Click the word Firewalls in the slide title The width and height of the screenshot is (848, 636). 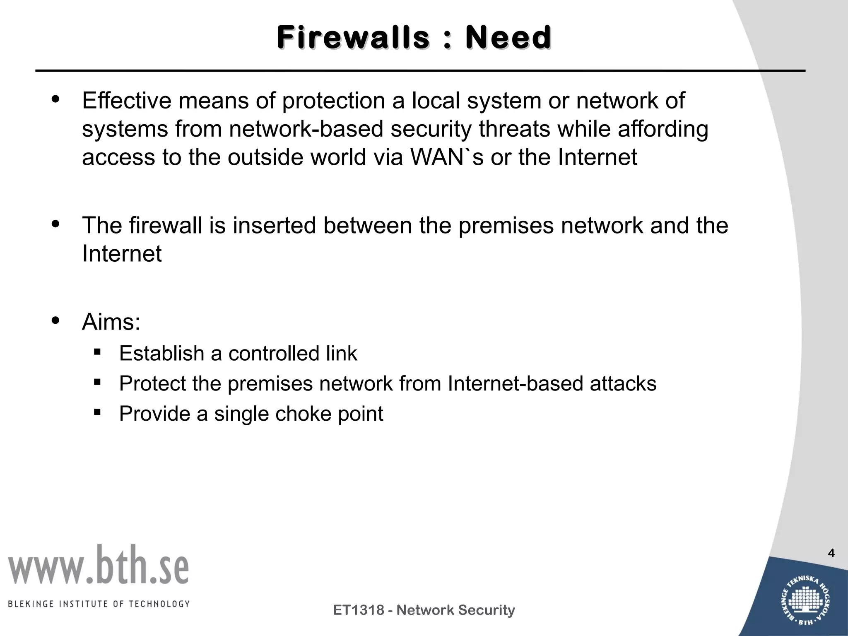pos(353,38)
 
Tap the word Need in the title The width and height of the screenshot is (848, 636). pos(508,38)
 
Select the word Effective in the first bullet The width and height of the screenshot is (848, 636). pos(126,101)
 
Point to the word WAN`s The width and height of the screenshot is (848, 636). pos(447,157)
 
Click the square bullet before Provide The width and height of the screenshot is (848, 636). pos(97,412)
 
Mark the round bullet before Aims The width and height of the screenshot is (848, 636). pos(55,320)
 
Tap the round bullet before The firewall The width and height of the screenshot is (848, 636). pos(55,224)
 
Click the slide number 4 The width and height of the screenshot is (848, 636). pos(831,553)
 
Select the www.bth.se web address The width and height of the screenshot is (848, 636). pos(99,566)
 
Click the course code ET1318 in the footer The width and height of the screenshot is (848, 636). pos(359,610)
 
